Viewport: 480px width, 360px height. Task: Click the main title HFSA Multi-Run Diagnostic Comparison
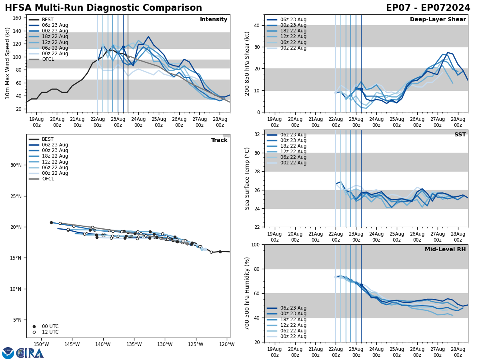tap(103, 8)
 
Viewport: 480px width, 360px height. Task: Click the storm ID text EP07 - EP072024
tap(428, 8)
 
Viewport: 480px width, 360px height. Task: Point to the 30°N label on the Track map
tap(16, 165)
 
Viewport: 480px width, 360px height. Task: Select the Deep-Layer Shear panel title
tap(438, 20)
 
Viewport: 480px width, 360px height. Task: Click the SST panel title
tap(460, 135)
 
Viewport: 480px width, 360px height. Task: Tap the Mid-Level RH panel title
tap(445, 250)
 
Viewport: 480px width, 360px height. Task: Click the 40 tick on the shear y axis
tap(256, 25)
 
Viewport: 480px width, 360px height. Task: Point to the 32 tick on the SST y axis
tap(256, 134)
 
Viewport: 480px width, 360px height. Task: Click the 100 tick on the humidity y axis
tap(254, 244)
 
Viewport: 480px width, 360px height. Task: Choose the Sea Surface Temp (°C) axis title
tap(248, 178)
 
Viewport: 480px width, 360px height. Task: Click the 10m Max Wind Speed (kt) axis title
tap(8, 63)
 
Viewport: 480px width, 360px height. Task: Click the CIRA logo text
tap(30, 353)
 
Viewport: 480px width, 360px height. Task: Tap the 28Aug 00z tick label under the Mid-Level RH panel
tap(458, 352)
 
